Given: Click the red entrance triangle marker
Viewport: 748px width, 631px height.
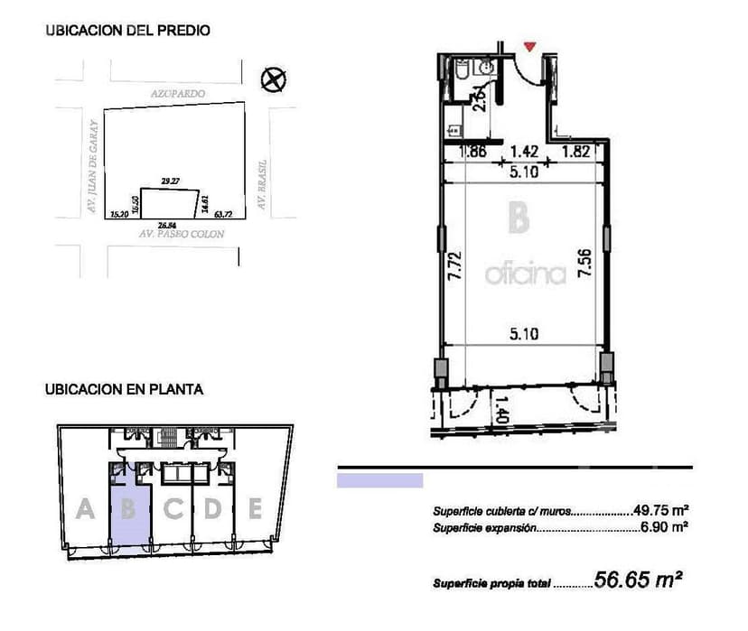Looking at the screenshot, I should [530, 45].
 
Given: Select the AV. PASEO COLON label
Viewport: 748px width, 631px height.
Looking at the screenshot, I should [181, 234].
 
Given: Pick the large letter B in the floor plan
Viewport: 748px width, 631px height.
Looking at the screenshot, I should [518, 219].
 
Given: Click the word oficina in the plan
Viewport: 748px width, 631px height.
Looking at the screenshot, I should [525, 274].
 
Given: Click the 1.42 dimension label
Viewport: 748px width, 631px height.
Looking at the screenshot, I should [525, 152].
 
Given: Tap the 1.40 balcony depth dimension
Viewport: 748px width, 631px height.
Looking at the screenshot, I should [502, 412].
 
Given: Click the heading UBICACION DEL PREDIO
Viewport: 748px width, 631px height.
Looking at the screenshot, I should [127, 31].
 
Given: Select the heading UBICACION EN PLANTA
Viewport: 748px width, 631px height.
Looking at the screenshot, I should [124, 391].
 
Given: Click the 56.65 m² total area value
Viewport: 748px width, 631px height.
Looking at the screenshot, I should [637, 580].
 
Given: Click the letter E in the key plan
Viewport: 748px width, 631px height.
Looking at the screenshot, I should [256, 510].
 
